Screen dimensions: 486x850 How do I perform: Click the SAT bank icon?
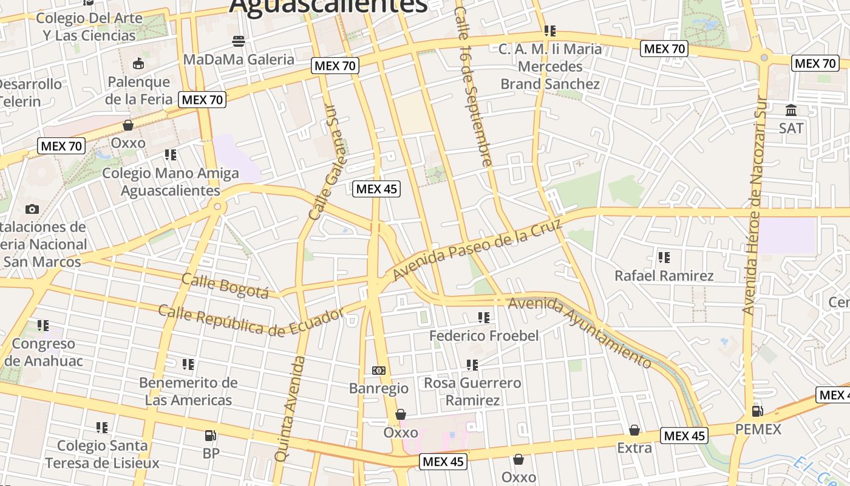point(791,111)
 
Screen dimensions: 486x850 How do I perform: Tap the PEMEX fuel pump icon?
point(757,411)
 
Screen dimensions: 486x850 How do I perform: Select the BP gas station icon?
point(211,435)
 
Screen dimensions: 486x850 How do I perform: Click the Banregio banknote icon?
point(378,370)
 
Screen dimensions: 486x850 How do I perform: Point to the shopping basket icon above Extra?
point(634,430)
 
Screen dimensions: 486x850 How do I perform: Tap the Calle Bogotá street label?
point(225,286)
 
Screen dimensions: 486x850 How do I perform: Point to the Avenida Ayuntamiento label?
point(580,331)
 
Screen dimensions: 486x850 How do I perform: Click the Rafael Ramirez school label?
point(664,276)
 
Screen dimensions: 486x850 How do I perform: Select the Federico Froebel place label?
point(484,335)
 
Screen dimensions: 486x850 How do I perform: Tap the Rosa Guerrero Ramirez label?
point(472,391)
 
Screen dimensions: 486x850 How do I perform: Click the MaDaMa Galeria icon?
point(239,41)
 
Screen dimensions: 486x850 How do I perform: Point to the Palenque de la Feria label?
point(138,90)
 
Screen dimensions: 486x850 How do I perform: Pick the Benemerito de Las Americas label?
point(188,391)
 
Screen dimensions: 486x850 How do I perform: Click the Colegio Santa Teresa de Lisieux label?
point(102,454)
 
